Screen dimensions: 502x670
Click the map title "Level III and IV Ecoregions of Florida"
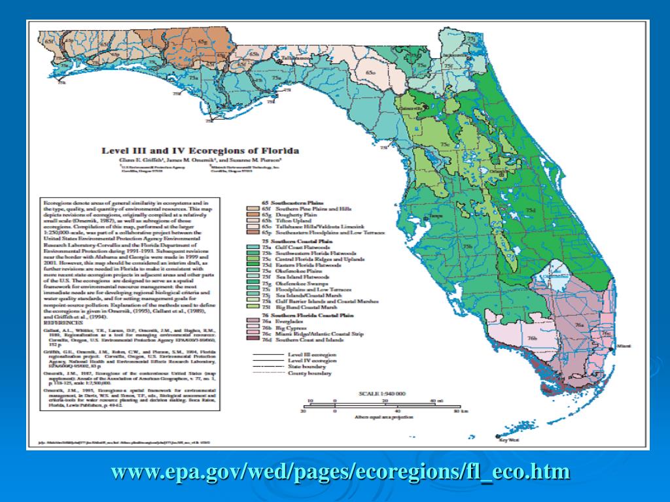200,150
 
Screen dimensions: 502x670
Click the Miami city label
623,344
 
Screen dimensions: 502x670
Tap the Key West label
508,440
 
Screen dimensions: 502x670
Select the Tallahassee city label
296,58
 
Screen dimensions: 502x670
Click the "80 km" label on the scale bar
446,412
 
